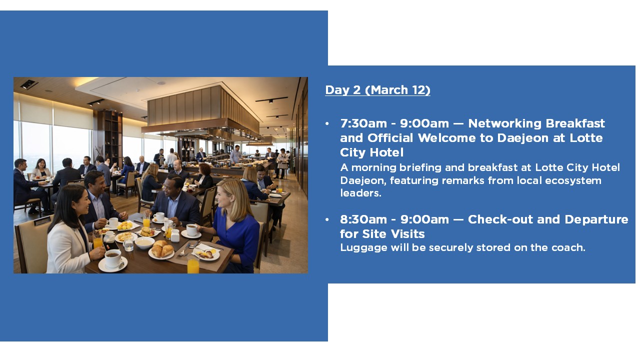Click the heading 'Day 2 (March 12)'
[377, 90]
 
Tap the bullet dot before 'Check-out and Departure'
[327, 219]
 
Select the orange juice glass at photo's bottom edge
[193, 264]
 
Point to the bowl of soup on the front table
[144, 242]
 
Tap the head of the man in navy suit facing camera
[174, 186]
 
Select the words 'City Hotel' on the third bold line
[371, 152]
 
